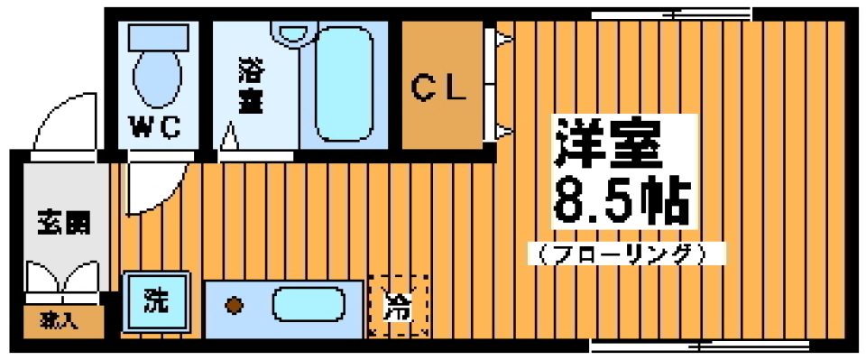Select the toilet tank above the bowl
coord(157,36)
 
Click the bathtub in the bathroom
coord(344,81)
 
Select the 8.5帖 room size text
coord(621,204)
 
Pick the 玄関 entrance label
coord(62,223)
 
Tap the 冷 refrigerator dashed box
coord(397,307)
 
